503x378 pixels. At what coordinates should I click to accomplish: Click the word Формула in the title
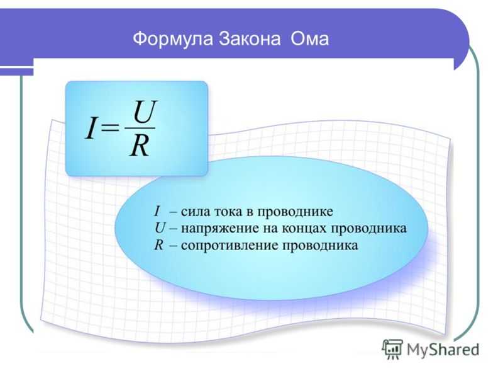pyautogui.click(x=173, y=39)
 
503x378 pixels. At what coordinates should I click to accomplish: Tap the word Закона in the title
pyautogui.click(x=250, y=39)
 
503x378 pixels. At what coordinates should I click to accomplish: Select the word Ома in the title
pyautogui.click(x=309, y=39)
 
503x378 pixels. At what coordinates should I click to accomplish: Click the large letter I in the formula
pyautogui.click(x=91, y=129)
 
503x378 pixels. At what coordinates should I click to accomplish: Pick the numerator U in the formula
pyautogui.click(x=145, y=112)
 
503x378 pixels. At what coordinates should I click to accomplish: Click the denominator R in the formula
pyautogui.click(x=140, y=146)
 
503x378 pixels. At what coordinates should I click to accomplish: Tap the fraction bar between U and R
pyautogui.click(x=140, y=129)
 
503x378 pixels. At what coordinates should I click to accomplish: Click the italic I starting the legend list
pyautogui.click(x=157, y=212)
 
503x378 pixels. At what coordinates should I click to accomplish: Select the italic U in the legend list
pyautogui.click(x=160, y=228)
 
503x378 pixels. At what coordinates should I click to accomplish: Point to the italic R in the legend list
pyautogui.click(x=159, y=245)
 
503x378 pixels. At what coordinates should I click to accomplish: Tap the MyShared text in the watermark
pyautogui.click(x=443, y=350)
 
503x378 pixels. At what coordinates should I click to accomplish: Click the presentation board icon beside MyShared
pyautogui.click(x=392, y=350)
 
